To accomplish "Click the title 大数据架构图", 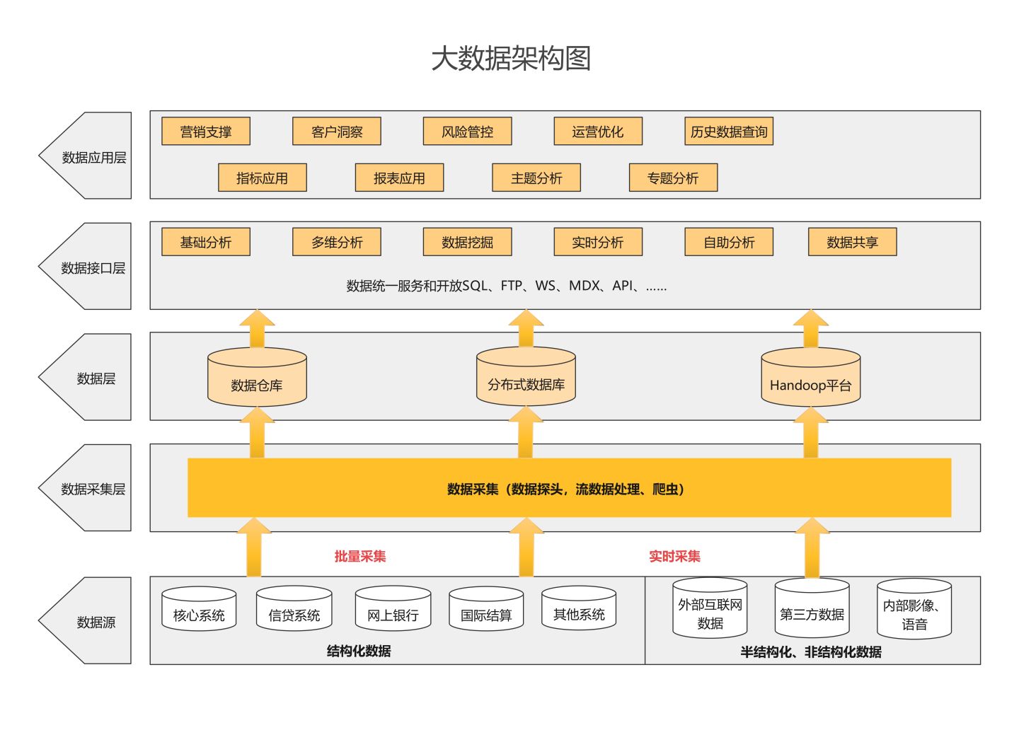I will coord(510,59).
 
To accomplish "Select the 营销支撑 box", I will coord(206,132).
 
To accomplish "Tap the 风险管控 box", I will coord(467,132).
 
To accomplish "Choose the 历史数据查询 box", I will coord(728,132).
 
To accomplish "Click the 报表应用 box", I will coord(399,178).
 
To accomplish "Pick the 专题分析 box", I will coord(673,178).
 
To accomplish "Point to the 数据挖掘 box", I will coord(467,243).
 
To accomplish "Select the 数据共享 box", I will coord(852,243).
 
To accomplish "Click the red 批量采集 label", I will coord(360,557).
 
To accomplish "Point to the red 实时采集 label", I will coord(674,557).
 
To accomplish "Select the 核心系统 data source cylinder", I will coord(199,611).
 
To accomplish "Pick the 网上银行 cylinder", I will coord(393,611).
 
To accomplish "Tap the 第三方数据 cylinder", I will coord(812,610).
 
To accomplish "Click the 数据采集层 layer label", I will coord(93,489).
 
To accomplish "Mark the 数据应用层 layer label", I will coord(93,157).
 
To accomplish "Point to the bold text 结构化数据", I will coord(359,651).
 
